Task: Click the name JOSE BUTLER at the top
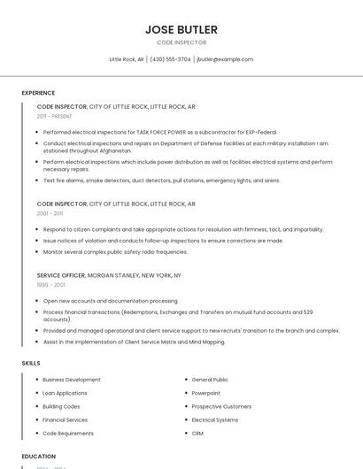tap(181, 29)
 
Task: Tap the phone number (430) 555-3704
tap(170, 59)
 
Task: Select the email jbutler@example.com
tap(225, 59)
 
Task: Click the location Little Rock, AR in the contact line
tap(127, 59)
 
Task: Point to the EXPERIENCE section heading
tap(38, 92)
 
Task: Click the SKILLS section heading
tap(31, 363)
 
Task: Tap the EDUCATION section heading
tap(39, 457)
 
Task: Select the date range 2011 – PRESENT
tap(55, 116)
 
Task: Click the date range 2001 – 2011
tap(50, 213)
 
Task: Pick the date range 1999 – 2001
tap(50, 285)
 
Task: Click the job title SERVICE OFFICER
tap(61, 275)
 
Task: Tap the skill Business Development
tap(72, 380)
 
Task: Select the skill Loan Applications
tap(65, 393)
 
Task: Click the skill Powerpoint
tap(205, 393)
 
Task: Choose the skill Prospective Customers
tap(221, 406)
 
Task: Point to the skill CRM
tap(197, 433)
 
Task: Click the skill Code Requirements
tap(68, 433)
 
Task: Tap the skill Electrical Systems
tap(215, 419)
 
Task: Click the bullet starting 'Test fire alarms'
tap(161, 180)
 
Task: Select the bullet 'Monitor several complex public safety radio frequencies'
tap(115, 251)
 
